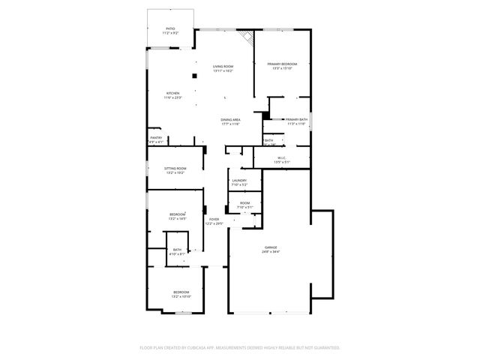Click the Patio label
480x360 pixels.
click(x=170, y=29)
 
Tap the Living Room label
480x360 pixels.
click(x=223, y=67)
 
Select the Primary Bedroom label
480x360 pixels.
click(x=282, y=64)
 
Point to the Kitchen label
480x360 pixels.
click(x=172, y=93)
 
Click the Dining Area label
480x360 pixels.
click(x=230, y=120)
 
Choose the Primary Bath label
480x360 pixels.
click(x=296, y=119)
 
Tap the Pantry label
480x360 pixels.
click(x=156, y=137)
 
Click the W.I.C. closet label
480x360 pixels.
click(x=281, y=157)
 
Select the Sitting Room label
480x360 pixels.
click(x=175, y=169)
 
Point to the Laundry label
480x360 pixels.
click(x=239, y=181)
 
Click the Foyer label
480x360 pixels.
click(x=214, y=219)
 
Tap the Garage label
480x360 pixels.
click(x=271, y=247)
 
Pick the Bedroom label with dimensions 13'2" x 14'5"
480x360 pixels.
click(x=177, y=214)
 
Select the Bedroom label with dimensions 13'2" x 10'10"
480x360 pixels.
click(x=181, y=292)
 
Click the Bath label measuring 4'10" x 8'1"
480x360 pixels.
click(x=177, y=250)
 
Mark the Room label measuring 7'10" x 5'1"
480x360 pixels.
click(x=244, y=202)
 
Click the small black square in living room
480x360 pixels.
click(x=193, y=75)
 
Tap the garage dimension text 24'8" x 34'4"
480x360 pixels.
click(x=271, y=252)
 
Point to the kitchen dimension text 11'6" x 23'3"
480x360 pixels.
click(x=172, y=97)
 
